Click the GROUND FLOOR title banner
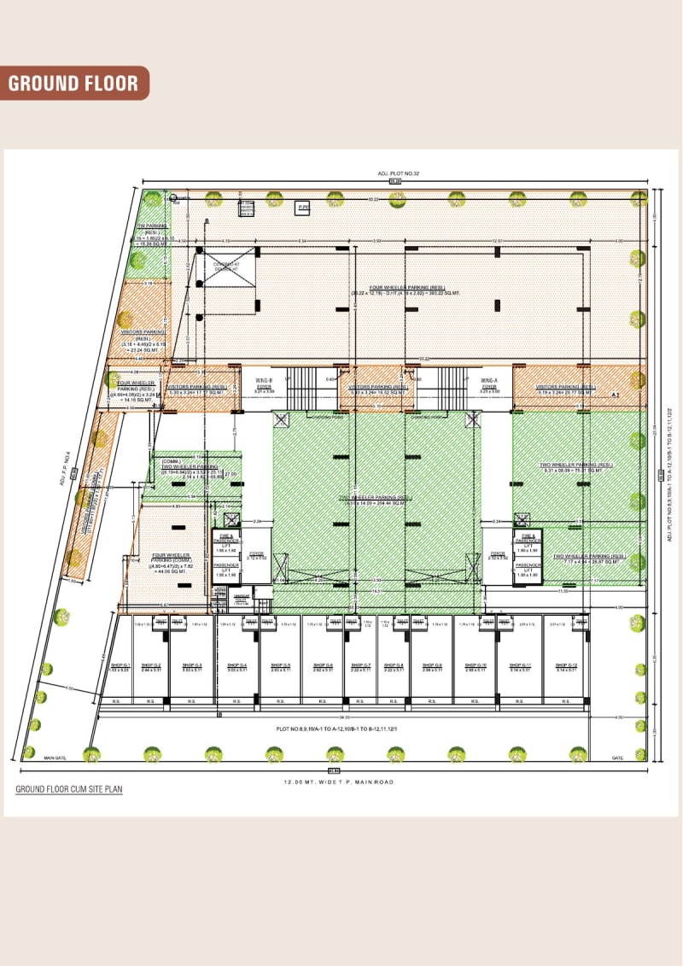[73, 83]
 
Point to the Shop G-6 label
[322, 667]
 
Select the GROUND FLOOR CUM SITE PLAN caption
[68, 790]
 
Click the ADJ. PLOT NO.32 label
[394, 173]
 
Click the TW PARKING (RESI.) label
[151, 234]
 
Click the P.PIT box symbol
[302, 208]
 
